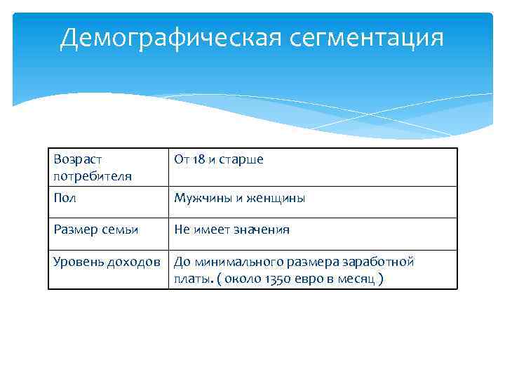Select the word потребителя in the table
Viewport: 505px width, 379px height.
92,175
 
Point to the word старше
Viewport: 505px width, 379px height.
241,160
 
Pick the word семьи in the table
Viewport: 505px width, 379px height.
119,230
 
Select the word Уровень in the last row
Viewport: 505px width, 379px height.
78,262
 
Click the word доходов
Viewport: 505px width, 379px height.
137,262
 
